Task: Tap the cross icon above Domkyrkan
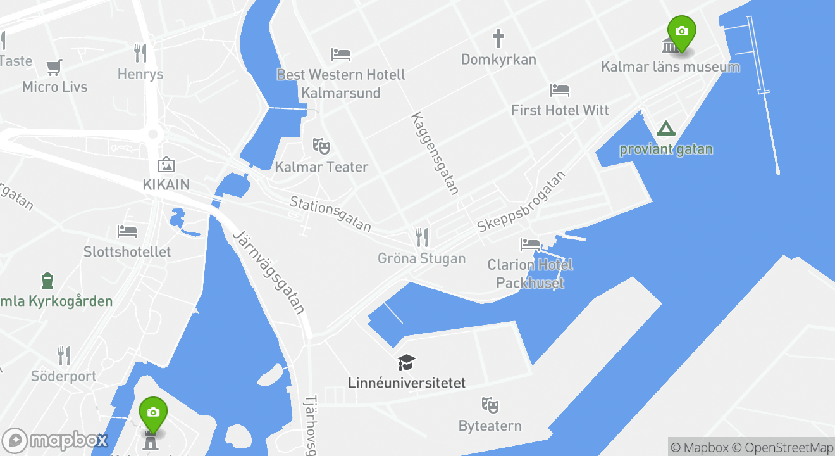(x=498, y=39)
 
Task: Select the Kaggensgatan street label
(x=435, y=153)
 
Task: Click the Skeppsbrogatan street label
(x=521, y=201)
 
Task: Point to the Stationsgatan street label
(x=330, y=213)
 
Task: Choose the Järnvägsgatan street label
(x=269, y=272)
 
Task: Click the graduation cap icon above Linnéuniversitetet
(x=406, y=362)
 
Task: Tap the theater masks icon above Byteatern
(x=490, y=405)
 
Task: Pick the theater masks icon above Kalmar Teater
(x=321, y=146)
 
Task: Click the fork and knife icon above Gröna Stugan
(x=421, y=237)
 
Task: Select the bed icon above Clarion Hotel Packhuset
(x=529, y=244)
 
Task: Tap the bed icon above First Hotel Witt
(x=559, y=90)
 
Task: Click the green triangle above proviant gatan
(x=665, y=129)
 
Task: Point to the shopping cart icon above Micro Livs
(x=54, y=66)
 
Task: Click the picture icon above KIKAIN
(x=166, y=165)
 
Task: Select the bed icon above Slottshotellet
(x=127, y=231)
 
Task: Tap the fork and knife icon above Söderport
(x=64, y=355)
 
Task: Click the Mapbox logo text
(x=68, y=440)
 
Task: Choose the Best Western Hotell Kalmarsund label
(x=341, y=84)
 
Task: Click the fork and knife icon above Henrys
(x=140, y=53)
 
